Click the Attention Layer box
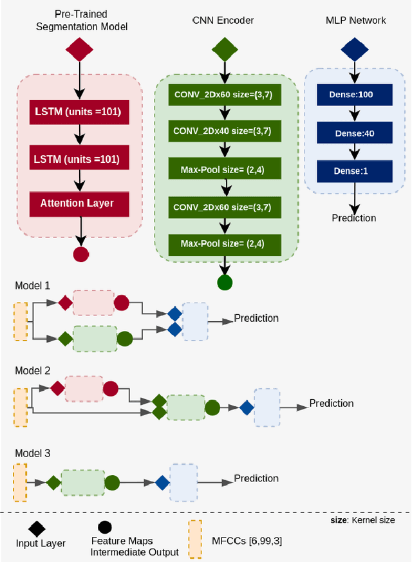[x=77, y=203]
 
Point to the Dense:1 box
[x=354, y=171]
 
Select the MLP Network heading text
[x=355, y=21]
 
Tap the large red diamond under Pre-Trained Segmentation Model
[x=79, y=49]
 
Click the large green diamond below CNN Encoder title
[x=225, y=49]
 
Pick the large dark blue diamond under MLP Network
[x=355, y=49]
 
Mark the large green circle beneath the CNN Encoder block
[x=225, y=282]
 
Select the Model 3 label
[x=33, y=453]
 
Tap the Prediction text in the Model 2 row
[x=332, y=404]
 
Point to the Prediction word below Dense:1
[x=354, y=218]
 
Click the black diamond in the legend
[x=37, y=529]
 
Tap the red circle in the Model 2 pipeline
[x=110, y=388]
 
